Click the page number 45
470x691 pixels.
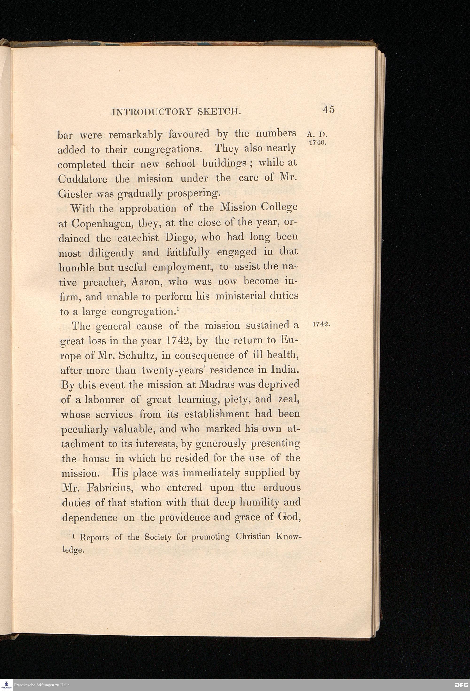(x=328, y=110)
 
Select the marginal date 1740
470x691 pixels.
(x=318, y=143)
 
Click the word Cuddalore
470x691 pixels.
(x=82, y=179)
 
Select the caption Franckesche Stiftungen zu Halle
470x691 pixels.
(x=42, y=685)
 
